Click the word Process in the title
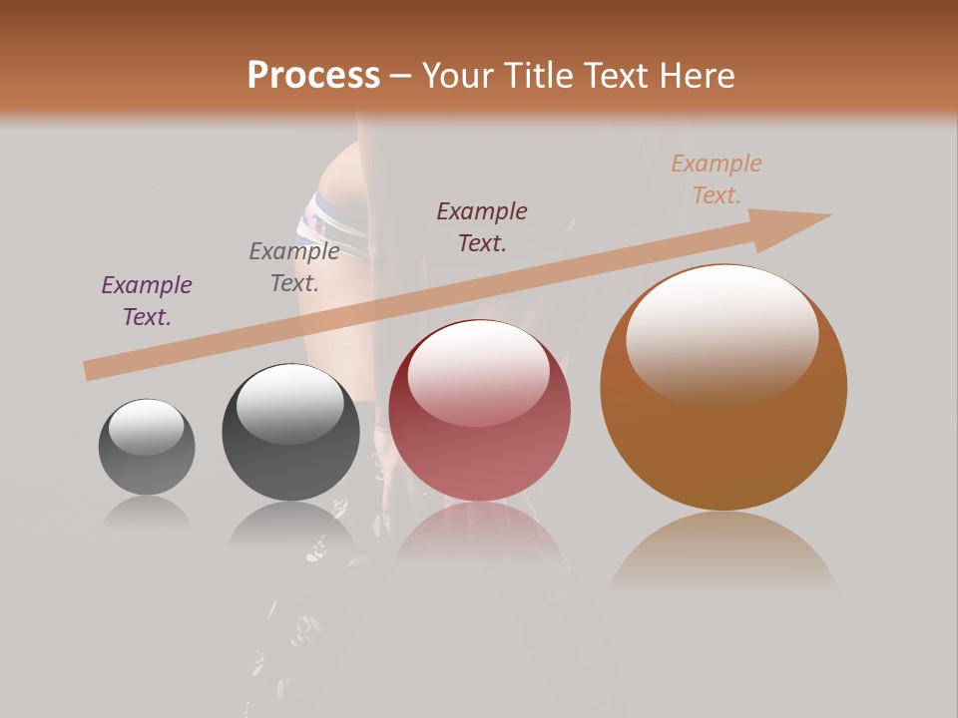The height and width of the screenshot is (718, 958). tap(313, 76)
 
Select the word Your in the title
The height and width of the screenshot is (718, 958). tap(457, 76)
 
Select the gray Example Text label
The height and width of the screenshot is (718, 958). tap(294, 267)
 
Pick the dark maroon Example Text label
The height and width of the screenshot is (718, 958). tap(482, 226)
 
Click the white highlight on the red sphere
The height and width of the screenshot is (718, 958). tap(478, 371)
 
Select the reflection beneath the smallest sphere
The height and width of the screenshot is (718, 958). tap(147, 511)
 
